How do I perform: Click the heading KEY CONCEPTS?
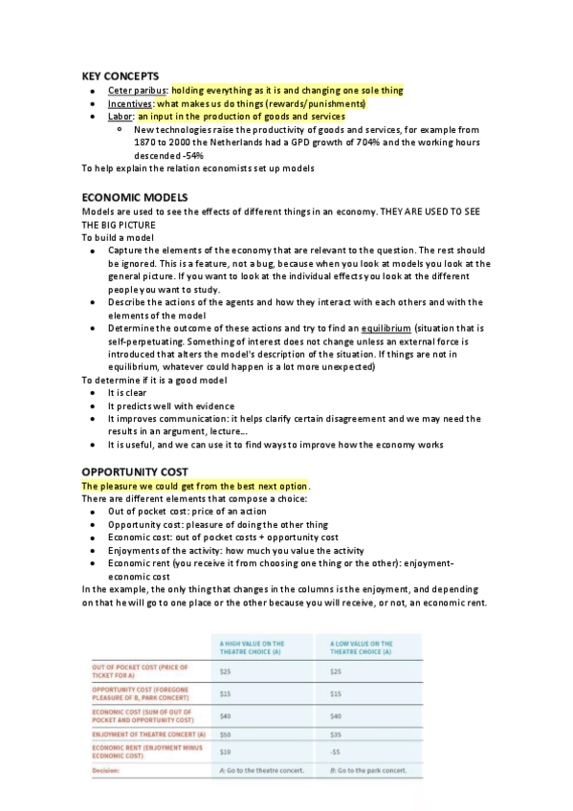(120, 76)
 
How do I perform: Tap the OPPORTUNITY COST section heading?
(134, 471)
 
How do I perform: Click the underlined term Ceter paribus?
(138, 90)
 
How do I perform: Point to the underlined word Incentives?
(130, 103)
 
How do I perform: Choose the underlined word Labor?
(121, 117)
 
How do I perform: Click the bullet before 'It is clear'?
(90, 393)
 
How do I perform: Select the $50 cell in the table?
(226, 734)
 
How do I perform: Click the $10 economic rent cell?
(226, 752)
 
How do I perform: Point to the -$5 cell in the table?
(335, 752)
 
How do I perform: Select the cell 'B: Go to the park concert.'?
(368, 770)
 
